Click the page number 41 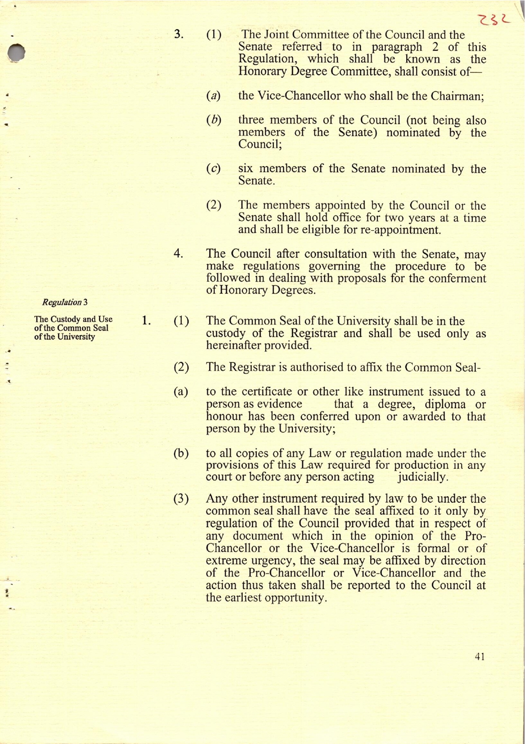[480, 656]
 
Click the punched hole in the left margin [17, 53]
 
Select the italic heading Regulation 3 [65, 302]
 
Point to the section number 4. [178, 253]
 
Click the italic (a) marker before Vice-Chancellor [214, 96]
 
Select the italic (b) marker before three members [214, 120]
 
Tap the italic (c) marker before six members [214, 169]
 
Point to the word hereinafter [234, 345]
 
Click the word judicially [423, 477]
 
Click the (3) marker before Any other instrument [181, 499]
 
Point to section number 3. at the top [179, 34]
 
